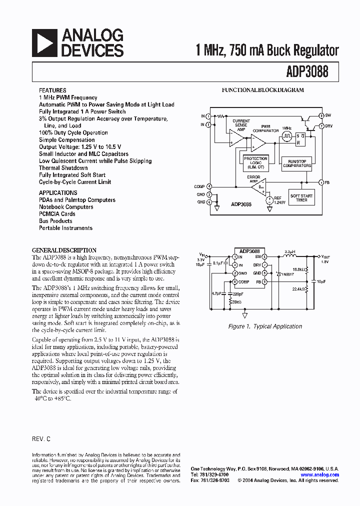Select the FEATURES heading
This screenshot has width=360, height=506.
(52, 90)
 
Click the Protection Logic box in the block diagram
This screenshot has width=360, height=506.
(255, 162)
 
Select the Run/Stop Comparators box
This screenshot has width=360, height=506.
(296, 163)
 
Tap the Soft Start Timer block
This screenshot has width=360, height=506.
(301, 197)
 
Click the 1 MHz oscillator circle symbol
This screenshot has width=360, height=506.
(286, 135)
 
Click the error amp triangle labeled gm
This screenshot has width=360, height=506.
(258, 187)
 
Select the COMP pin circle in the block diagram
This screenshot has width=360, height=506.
(209, 186)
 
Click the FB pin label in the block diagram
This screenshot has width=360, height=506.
(327, 182)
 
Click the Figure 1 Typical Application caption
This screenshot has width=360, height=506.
(265, 326)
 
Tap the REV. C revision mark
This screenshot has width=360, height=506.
(41, 438)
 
